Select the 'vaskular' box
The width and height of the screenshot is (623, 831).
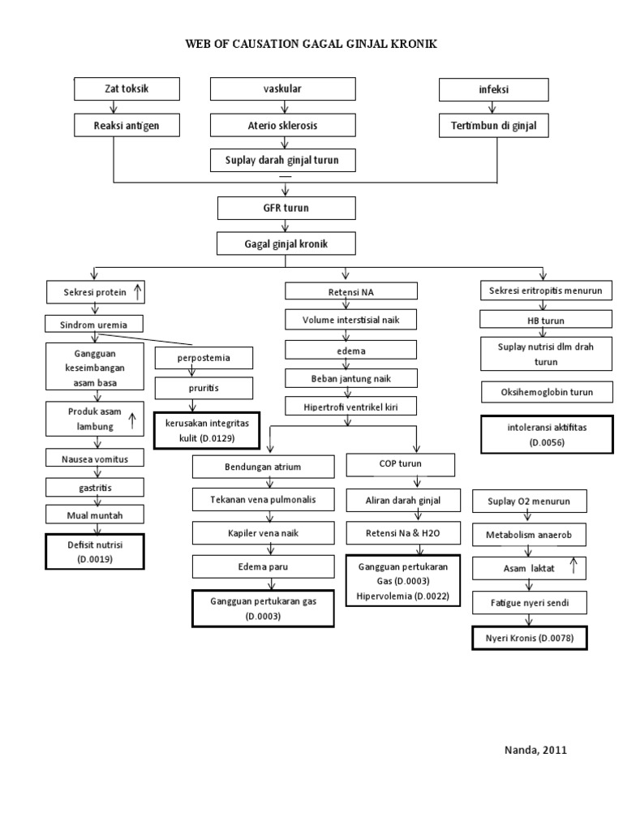point(282,89)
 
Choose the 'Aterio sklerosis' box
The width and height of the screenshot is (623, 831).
point(282,126)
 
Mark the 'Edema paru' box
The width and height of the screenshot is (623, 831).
point(264,566)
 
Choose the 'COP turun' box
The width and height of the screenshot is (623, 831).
point(401,465)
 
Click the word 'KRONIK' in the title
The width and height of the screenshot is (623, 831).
point(414,45)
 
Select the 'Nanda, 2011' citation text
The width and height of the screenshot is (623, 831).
point(536,750)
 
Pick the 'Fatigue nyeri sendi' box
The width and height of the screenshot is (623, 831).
point(530,605)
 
